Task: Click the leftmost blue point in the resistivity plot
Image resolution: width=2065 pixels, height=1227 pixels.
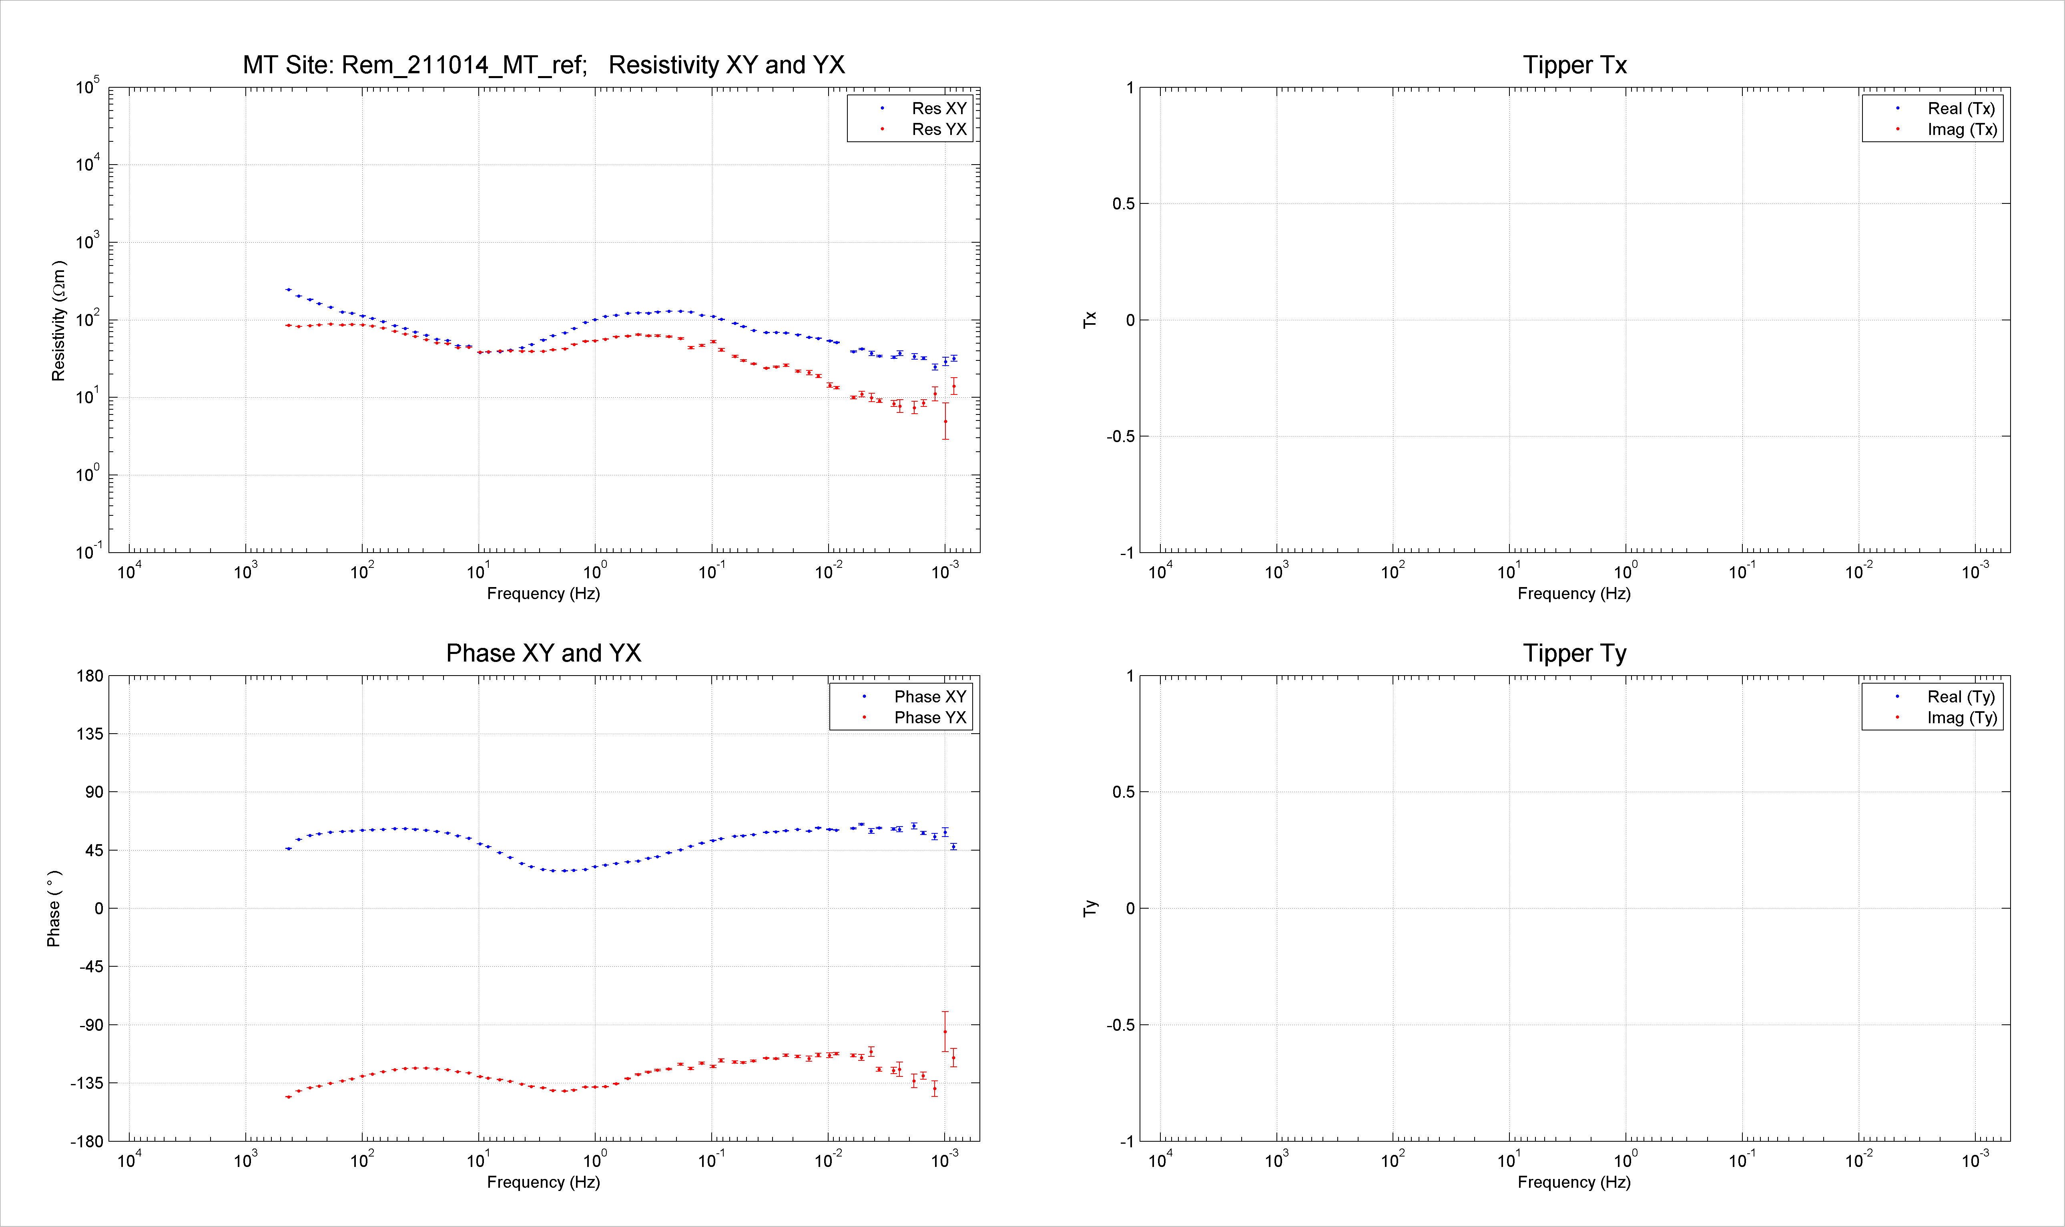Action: [x=287, y=290]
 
